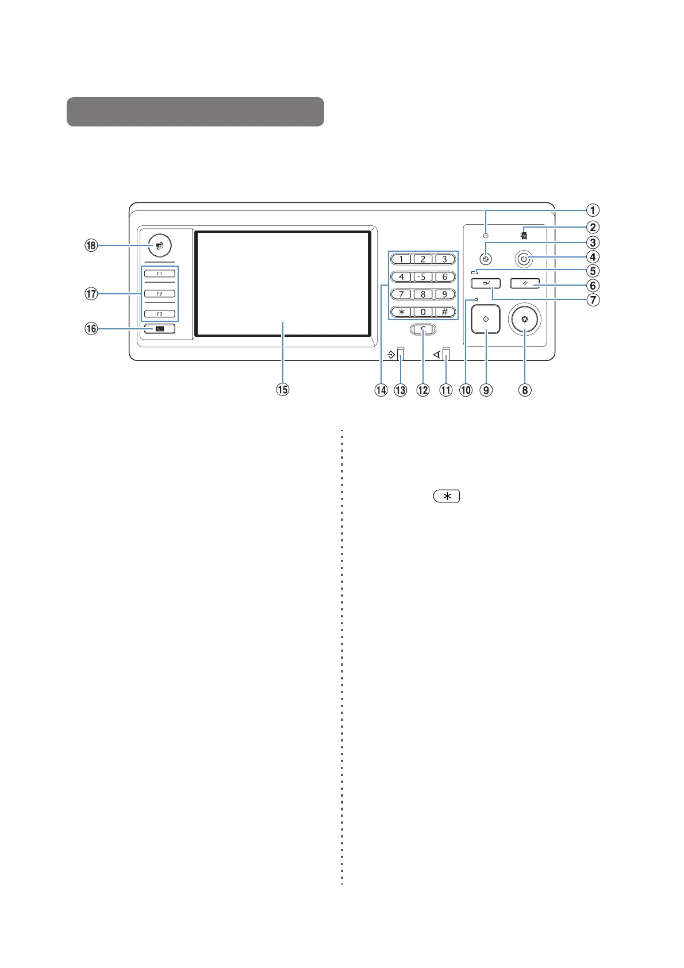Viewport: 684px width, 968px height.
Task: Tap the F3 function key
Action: pos(160,314)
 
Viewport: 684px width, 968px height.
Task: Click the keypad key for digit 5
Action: pos(423,276)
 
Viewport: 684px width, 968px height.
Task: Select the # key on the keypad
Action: pos(444,312)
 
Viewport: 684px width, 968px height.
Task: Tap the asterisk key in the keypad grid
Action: pos(401,312)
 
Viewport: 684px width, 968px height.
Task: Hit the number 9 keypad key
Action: pos(444,294)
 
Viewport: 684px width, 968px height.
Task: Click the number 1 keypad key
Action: pos(401,259)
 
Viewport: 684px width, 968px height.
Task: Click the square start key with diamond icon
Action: pos(486,319)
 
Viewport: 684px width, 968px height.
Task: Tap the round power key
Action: pos(523,259)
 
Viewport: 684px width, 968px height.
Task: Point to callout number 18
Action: pos(91,245)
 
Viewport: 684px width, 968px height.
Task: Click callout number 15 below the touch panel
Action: pos(282,390)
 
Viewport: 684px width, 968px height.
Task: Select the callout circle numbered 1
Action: pos(593,210)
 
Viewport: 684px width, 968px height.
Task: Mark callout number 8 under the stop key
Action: pos(525,390)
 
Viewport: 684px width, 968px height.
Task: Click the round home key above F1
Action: pos(160,245)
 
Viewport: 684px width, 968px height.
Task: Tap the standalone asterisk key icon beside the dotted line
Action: pos(447,496)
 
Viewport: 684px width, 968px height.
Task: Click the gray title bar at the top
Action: pos(195,112)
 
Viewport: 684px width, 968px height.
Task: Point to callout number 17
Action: pos(91,294)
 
